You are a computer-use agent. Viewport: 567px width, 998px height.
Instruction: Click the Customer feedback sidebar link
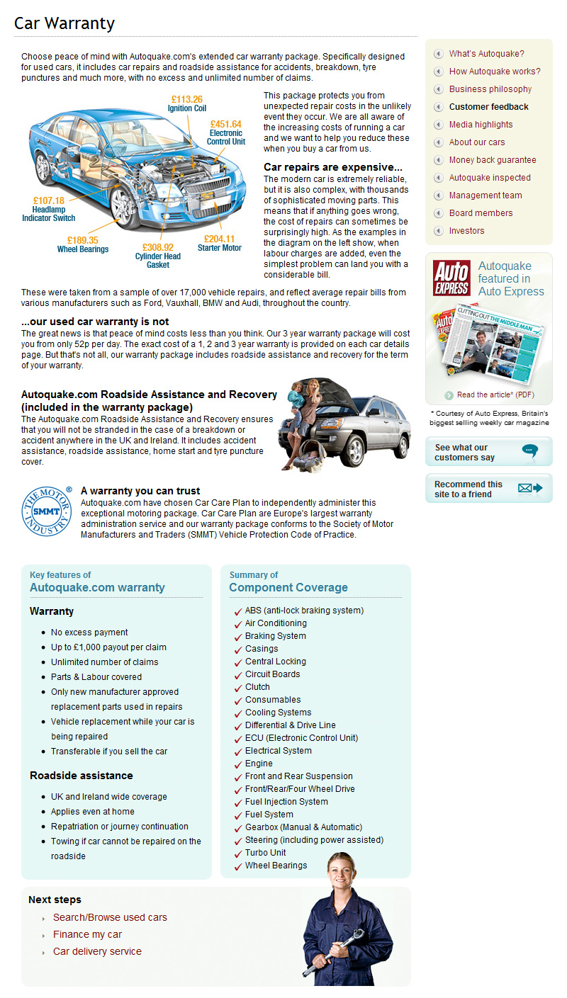488,107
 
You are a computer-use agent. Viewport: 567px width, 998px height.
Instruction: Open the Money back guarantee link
492,160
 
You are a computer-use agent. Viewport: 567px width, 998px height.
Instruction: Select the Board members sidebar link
481,213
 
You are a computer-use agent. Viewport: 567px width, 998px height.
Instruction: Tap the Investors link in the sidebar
466,231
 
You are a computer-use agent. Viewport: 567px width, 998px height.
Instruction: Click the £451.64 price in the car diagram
225,123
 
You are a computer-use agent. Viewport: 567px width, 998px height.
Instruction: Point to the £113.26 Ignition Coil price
186,99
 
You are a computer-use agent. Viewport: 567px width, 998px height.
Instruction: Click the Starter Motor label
219,249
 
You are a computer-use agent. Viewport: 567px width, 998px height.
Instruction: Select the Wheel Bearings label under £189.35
83,249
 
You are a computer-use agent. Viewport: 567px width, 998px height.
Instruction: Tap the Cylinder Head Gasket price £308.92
158,247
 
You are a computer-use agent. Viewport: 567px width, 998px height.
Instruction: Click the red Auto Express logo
451,278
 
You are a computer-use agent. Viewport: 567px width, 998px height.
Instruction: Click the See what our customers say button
488,453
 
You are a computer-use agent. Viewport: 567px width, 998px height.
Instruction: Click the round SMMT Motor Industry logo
47,511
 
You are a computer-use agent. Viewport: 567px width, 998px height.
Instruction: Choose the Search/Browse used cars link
110,917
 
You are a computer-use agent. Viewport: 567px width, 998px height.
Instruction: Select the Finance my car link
87,934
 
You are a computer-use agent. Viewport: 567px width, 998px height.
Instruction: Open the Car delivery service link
97,951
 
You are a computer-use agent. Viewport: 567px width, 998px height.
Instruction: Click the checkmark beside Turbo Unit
237,854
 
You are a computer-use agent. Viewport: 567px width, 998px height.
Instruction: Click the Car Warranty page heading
64,23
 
